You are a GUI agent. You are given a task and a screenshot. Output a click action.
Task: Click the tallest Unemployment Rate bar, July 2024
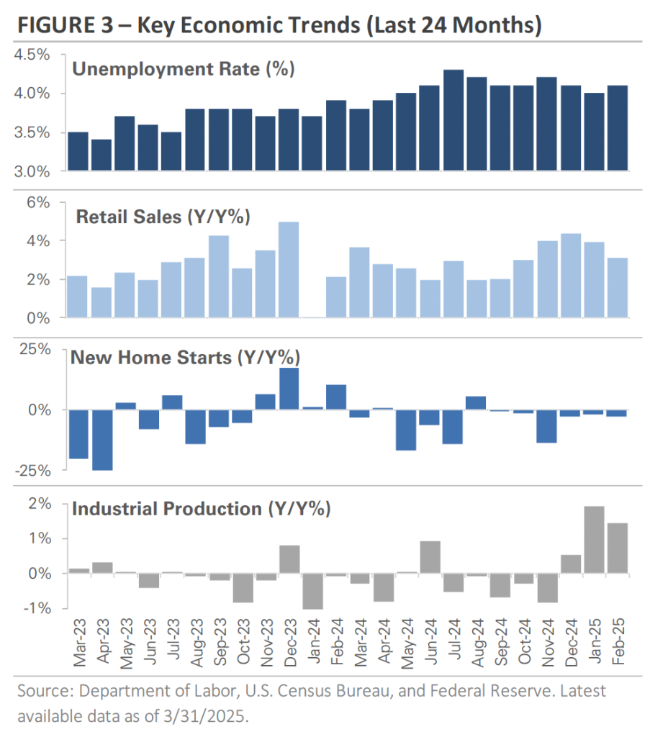[x=453, y=120]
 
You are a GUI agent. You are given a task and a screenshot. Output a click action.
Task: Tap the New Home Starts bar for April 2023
[x=102, y=439]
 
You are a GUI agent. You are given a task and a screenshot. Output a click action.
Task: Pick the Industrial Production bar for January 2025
[x=594, y=540]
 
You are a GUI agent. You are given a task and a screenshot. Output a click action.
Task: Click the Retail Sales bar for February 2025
[x=617, y=287]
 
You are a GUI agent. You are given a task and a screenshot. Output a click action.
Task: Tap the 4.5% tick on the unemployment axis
[x=35, y=55]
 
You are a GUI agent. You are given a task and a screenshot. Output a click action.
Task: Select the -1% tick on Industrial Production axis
[x=37, y=608]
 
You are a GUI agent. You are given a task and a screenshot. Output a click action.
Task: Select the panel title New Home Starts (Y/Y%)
[x=185, y=357]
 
